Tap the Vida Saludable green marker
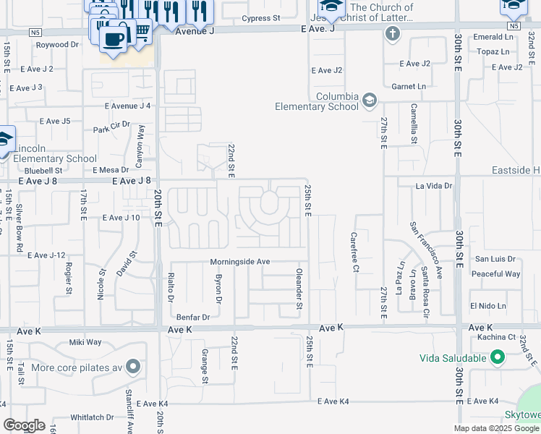[x=497, y=357]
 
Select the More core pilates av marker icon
[x=132, y=367]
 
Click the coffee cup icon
[x=113, y=37]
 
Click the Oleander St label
[x=299, y=289]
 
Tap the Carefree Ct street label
[x=355, y=252]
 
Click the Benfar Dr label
[x=193, y=317]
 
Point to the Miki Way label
[x=85, y=342]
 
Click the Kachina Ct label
[x=502, y=337]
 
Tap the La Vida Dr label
[x=434, y=186]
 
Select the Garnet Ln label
[x=410, y=86]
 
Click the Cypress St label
[x=261, y=18]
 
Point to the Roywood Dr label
[x=58, y=45]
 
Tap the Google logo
[x=24, y=425]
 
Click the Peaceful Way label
[x=495, y=274]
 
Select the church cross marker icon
[x=392, y=34]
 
